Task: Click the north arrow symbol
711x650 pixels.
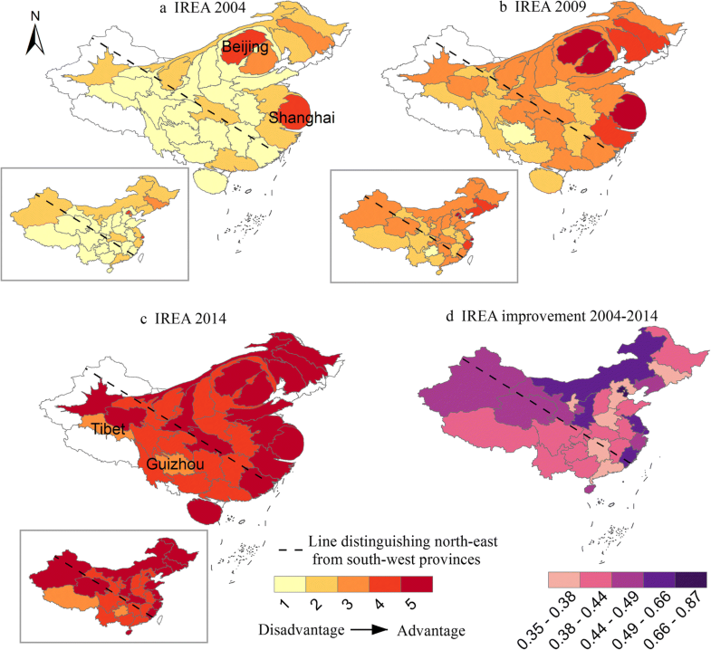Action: tap(33, 36)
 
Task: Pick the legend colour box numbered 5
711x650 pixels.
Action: tap(418, 583)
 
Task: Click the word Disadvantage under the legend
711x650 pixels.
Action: tap(300, 629)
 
